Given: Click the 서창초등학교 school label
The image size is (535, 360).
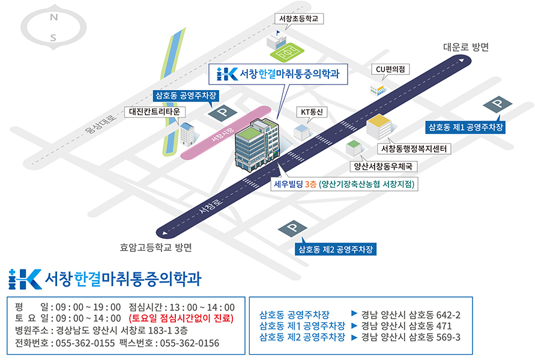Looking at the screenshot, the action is coord(299,19).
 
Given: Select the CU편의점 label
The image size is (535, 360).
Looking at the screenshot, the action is coord(390,69).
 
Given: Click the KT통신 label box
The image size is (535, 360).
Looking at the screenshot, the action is coord(312,112).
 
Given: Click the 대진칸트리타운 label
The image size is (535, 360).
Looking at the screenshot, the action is coord(154,112).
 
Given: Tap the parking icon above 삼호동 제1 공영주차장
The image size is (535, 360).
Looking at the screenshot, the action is coord(497,104).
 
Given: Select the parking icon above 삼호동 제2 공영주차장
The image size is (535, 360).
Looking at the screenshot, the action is coord(293,228).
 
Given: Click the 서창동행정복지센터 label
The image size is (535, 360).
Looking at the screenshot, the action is coord(414,149).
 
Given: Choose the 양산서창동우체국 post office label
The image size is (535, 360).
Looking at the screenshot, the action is coord(383,166).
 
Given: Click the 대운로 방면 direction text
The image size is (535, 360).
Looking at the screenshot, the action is coord(466,47).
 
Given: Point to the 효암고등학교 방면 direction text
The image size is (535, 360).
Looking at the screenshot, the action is coord(156,247).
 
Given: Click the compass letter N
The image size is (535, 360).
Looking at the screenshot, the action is coord(54,17).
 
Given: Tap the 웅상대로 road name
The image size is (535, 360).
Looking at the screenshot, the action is coord(101,124).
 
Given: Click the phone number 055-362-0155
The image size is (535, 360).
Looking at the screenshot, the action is coord(85,343).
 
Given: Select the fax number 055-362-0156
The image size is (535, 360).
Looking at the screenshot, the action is coord(190,343).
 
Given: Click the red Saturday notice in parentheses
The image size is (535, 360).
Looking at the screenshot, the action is coord(181,319).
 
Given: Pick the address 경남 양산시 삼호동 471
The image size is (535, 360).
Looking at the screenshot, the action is coord(407,326).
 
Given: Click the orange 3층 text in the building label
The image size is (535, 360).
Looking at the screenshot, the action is coord(311,184).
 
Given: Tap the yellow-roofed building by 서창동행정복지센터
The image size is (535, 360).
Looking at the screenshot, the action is coord(379,127).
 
